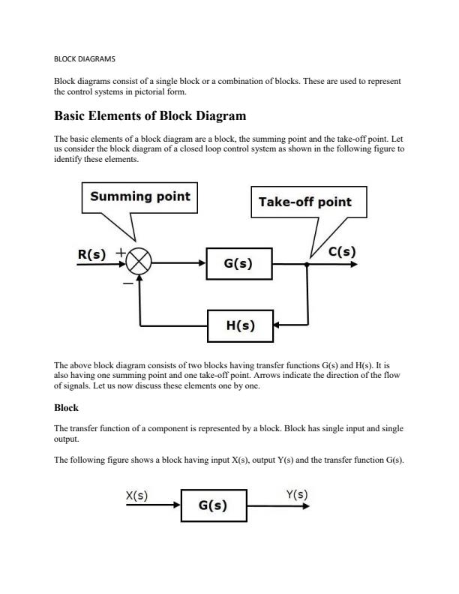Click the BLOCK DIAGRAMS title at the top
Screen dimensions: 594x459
click(x=85, y=58)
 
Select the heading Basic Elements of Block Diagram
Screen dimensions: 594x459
click(x=150, y=116)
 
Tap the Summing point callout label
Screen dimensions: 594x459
click(x=140, y=196)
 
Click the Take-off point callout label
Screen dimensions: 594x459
click(x=304, y=202)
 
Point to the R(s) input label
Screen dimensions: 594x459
click(x=92, y=254)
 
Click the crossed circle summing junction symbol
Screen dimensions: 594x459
click(x=139, y=264)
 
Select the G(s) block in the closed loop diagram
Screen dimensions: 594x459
click(x=238, y=264)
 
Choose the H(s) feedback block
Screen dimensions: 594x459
click(x=240, y=325)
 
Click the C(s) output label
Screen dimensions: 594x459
click(x=342, y=252)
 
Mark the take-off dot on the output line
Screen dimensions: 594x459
click(x=307, y=264)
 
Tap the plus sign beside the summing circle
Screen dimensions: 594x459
click(x=120, y=253)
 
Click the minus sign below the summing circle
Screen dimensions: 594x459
click(x=128, y=284)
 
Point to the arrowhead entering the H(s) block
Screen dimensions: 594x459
click(x=277, y=325)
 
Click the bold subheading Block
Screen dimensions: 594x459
click(x=66, y=408)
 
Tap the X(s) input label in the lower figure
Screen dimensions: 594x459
click(x=136, y=496)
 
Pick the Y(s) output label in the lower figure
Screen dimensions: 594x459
click(x=296, y=494)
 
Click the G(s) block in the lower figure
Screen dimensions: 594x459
click(x=213, y=505)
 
